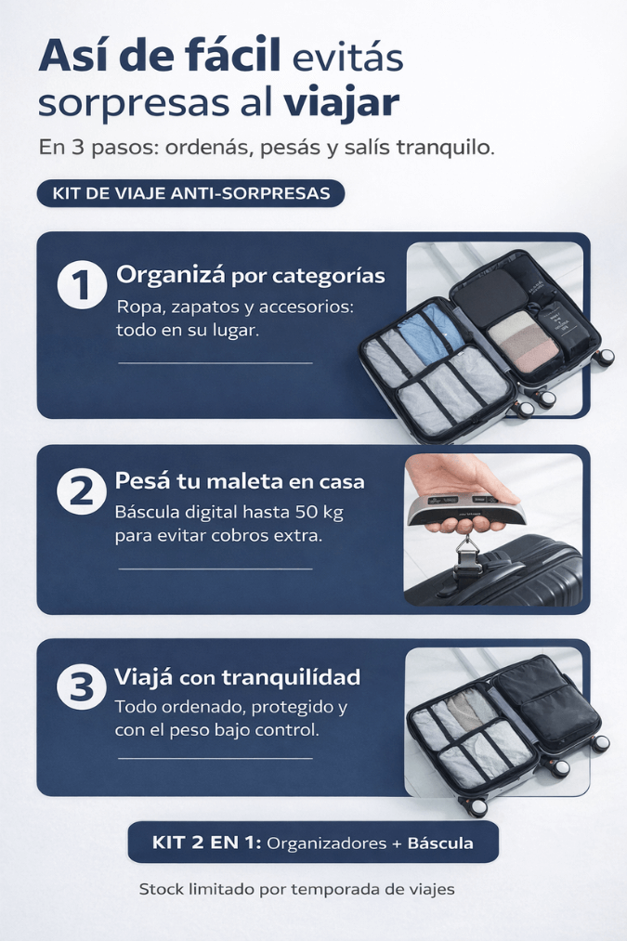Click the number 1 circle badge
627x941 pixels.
[x=82, y=284]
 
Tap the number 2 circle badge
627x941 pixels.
[x=82, y=490]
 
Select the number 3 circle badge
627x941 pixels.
[x=82, y=686]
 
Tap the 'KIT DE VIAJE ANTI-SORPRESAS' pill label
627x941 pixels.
[x=190, y=193]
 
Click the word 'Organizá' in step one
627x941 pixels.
[x=171, y=276]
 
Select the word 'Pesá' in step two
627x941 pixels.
[x=141, y=480]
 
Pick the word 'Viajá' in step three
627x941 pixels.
[x=143, y=677]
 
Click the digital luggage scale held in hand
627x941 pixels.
[x=465, y=509]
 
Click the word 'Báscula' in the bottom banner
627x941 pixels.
[x=440, y=843]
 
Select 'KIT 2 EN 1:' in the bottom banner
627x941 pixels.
[x=206, y=843]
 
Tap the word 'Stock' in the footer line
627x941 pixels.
[x=162, y=889]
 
